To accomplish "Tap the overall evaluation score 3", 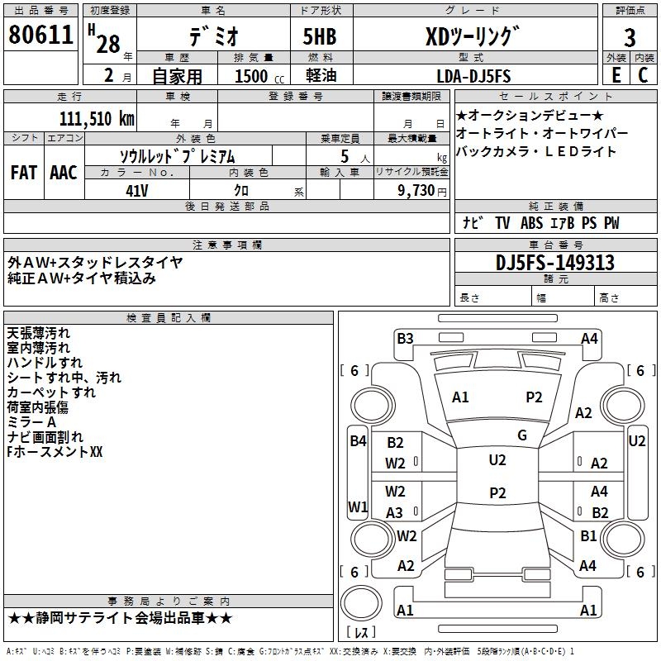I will tap(630, 37).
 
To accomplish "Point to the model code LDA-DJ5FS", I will tap(473, 76).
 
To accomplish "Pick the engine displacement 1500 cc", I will tap(258, 77).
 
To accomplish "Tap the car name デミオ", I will tap(213, 37).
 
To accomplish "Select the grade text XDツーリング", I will tap(473, 37).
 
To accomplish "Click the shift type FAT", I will tap(23, 172).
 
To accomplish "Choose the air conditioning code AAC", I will tap(64, 172).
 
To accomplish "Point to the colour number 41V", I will tap(137, 190).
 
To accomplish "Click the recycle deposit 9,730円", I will tap(421, 190).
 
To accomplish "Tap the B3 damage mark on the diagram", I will tap(405, 338).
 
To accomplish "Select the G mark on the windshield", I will tap(521, 435).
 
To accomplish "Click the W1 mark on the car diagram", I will tap(358, 506).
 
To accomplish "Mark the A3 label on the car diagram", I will tap(395, 512).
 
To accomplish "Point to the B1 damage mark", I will tap(588, 535).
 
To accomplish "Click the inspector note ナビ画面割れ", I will tap(45, 437).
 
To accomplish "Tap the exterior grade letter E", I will tap(616, 76).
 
